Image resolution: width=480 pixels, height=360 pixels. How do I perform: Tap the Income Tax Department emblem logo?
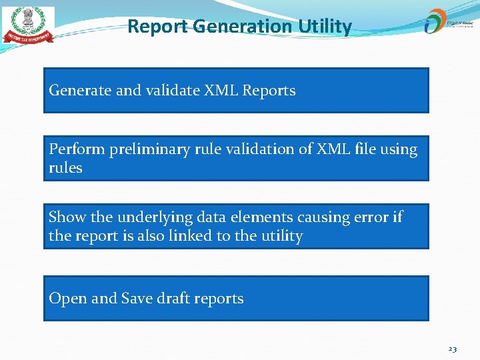(x=28, y=25)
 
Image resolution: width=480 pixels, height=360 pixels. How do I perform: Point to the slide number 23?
(x=452, y=349)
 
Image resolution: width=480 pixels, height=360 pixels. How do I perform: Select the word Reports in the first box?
(x=269, y=91)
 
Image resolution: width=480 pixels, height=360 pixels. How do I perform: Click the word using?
(x=399, y=149)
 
